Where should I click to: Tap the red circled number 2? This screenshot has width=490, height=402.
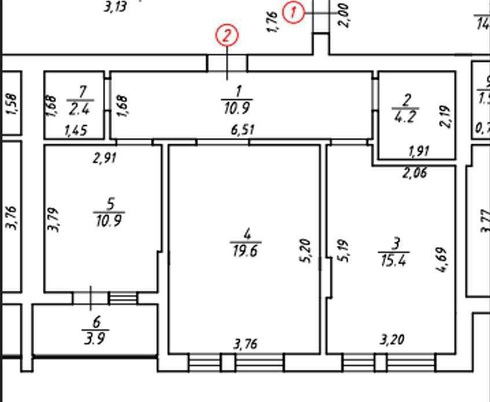(226, 36)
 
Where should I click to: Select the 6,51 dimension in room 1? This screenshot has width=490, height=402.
(243, 130)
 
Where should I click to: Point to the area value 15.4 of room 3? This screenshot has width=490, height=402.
(394, 260)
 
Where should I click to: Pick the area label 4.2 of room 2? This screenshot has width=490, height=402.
(405, 116)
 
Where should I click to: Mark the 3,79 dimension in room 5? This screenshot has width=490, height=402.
(53, 219)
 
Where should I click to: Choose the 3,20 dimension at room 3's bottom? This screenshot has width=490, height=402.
(392, 339)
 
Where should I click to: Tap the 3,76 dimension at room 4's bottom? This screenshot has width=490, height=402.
(246, 344)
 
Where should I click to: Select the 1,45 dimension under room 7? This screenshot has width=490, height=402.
(75, 131)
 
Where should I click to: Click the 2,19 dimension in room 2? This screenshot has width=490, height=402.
(445, 117)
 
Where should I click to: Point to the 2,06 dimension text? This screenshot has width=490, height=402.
(415, 172)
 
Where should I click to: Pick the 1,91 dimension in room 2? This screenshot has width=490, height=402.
(419, 152)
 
